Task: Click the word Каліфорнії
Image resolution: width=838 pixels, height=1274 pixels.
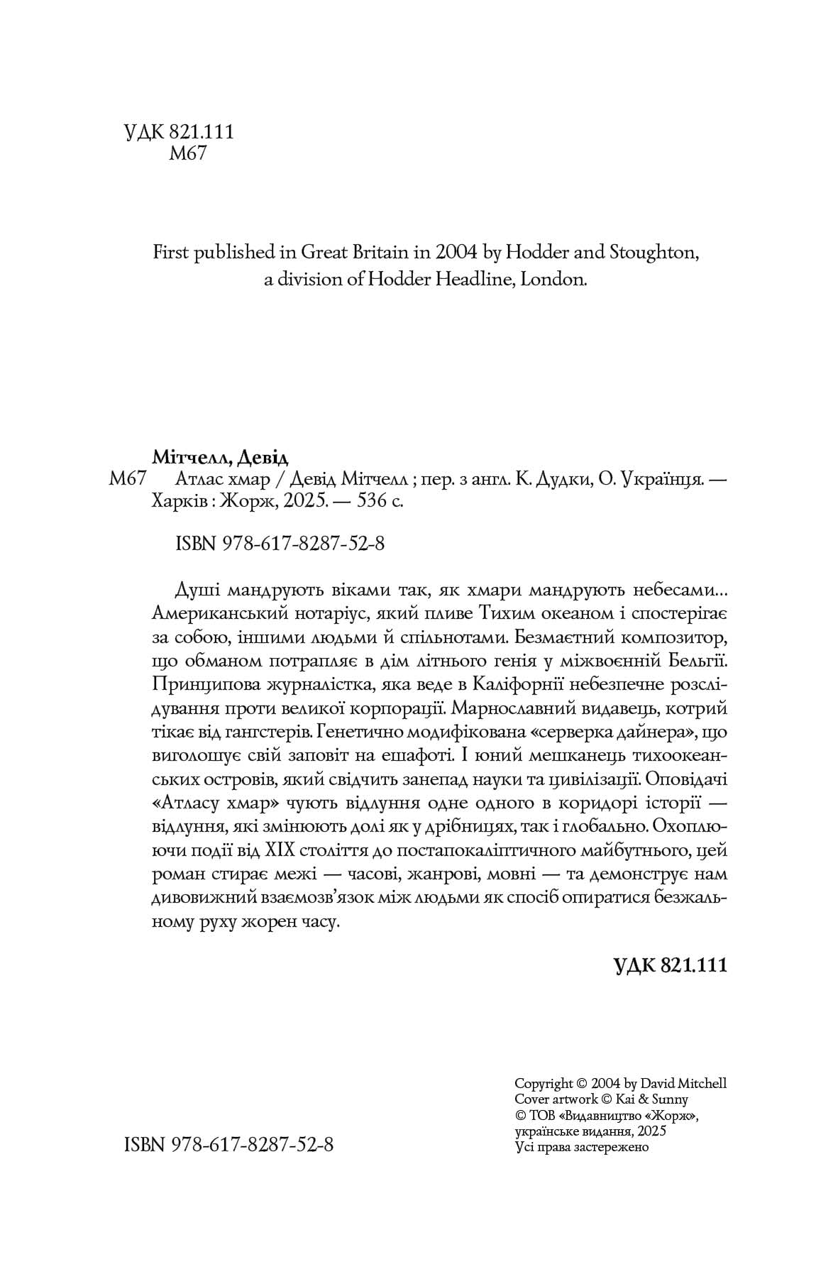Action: [514, 686]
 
